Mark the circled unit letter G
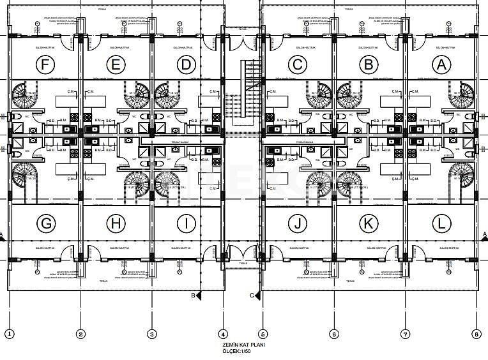point(45,223)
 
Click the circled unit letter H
point(115,223)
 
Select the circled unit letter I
point(186,223)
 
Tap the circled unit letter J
point(297,223)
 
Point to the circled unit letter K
point(369,223)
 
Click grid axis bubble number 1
point(9,333)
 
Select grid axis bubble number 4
point(223,333)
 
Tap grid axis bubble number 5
point(262,333)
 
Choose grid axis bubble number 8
point(477,333)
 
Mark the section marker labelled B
point(195,296)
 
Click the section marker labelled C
point(254,296)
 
